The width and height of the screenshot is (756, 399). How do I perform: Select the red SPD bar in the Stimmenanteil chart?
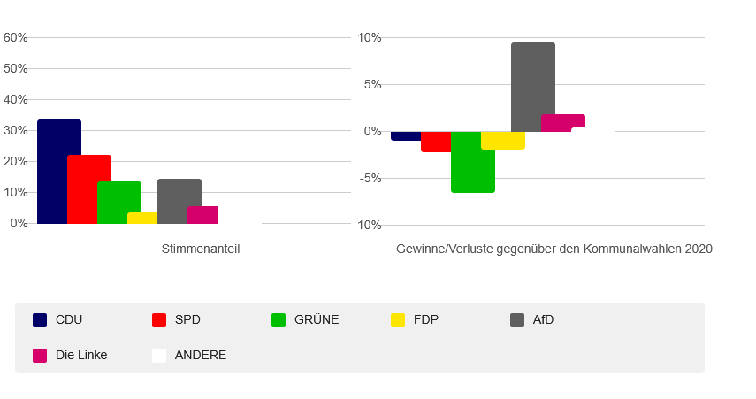[x=89, y=189]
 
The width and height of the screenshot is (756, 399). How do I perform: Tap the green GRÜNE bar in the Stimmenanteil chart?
[x=119, y=203]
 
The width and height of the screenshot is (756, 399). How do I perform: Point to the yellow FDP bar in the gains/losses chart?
[x=503, y=141]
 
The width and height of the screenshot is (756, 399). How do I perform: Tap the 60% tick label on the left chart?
[x=16, y=38]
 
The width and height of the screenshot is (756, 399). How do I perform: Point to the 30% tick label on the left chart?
[x=16, y=131]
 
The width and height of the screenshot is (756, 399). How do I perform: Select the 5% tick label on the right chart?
[x=370, y=85]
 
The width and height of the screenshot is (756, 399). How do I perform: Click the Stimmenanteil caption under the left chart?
[x=201, y=249]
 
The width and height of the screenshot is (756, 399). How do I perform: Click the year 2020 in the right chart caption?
[x=698, y=249]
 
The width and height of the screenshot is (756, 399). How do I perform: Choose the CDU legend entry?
[x=68, y=320]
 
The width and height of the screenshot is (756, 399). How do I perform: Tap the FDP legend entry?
[x=425, y=320]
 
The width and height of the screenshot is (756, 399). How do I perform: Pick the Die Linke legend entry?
[x=80, y=355]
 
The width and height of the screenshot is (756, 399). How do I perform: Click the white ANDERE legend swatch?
[x=159, y=356]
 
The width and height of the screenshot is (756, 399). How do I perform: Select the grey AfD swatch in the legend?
[x=517, y=320]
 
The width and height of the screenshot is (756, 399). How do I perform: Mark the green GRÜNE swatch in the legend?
[x=279, y=320]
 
